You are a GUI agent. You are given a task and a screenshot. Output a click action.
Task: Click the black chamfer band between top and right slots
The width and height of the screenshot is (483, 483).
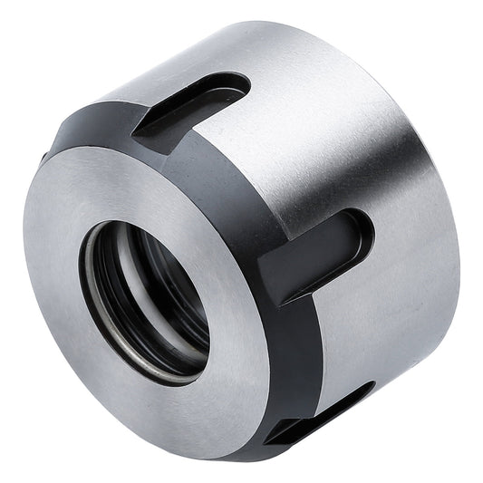point(217,190)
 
